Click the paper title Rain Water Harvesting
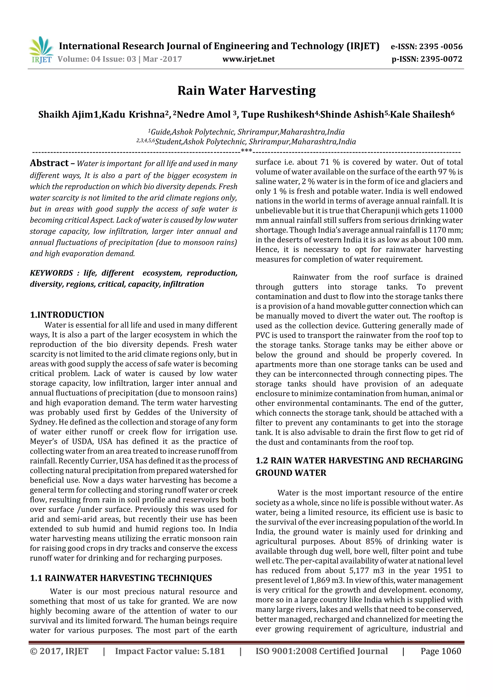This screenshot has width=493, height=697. [246, 90]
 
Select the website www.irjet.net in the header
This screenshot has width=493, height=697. [248, 59]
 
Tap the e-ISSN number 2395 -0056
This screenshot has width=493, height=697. [441, 46]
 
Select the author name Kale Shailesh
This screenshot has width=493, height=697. [420, 115]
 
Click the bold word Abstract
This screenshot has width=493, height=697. [49, 163]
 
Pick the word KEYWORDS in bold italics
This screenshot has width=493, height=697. [51, 273]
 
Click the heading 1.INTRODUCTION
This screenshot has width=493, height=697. [67, 314]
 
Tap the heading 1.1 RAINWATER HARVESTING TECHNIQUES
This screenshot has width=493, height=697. [121, 578]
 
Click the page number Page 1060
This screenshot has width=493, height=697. [441, 651]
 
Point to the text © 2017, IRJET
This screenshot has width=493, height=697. [59, 651]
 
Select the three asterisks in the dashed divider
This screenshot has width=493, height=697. [246, 151]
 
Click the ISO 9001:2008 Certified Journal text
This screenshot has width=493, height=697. [322, 651]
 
